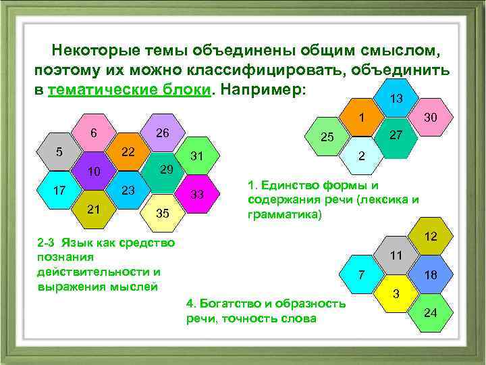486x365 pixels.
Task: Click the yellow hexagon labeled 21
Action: point(94,210)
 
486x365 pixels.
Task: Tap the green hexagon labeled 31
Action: point(197,156)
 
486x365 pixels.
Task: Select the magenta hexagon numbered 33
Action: point(197,194)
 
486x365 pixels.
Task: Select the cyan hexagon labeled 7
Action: point(362,274)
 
